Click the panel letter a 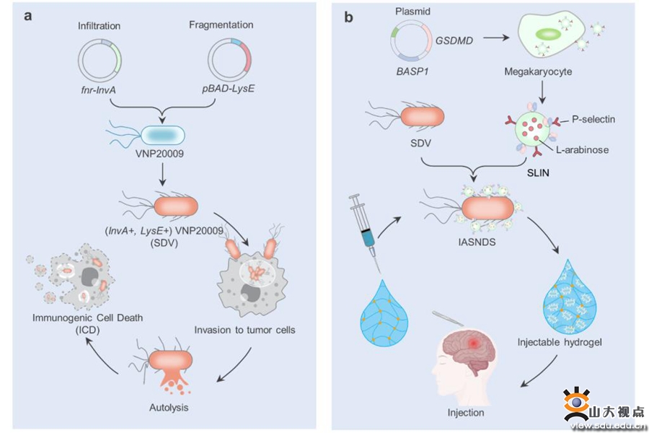[x=28, y=15]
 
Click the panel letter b [x=348, y=16]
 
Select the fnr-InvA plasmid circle [x=100, y=60]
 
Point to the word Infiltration [x=99, y=26]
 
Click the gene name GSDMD [x=454, y=40]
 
